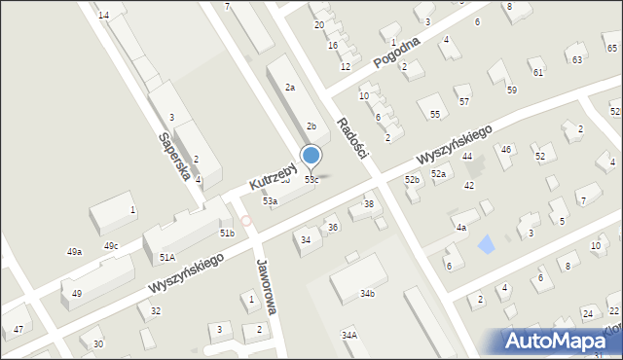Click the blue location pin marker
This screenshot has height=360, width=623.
(311, 156)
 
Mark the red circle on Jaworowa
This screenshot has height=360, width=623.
(247, 222)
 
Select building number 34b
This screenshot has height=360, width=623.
(367, 293)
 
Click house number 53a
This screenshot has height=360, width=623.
(270, 200)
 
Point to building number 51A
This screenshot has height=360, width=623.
(166, 257)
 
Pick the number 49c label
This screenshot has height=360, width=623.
(111, 245)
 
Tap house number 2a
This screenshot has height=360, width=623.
(289, 88)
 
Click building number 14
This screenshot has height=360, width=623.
(103, 16)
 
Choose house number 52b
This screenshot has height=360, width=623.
(413, 180)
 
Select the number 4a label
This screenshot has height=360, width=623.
(461, 227)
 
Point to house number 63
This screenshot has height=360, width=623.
(577, 59)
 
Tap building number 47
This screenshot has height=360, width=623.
(18, 330)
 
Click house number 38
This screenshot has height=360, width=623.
(369, 203)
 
